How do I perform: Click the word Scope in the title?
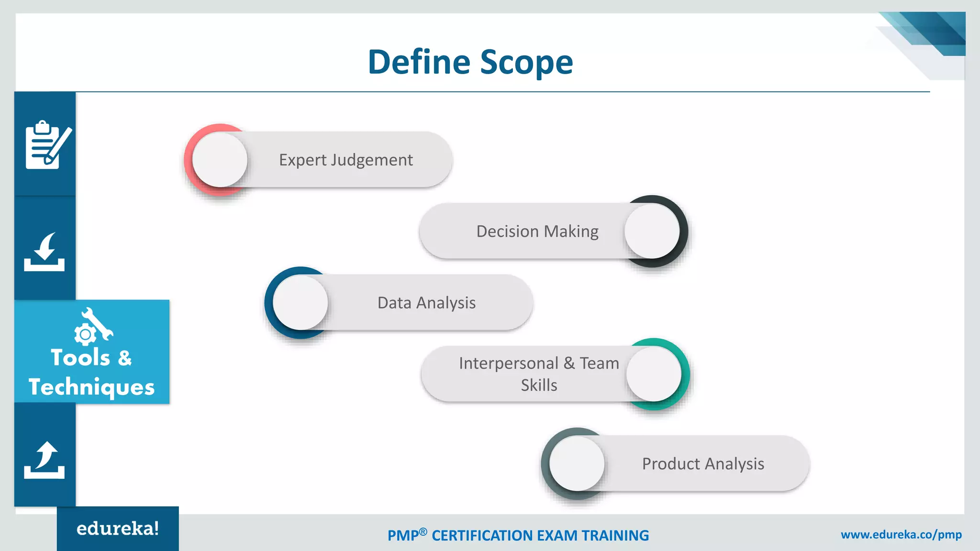[526, 63]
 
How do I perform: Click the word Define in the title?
[419, 62]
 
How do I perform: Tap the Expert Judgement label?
[345, 160]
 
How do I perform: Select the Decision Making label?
[537, 231]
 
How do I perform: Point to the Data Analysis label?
[426, 303]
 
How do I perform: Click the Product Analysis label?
[702, 463]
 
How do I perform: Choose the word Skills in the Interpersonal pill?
[539, 385]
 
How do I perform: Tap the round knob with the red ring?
[220, 160]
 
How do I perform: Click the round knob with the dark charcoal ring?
[652, 231]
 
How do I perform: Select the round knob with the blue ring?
[300, 303]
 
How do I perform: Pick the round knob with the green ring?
[653, 374]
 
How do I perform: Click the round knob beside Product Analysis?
[577, 463]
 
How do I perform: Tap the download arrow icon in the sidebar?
[45, 252]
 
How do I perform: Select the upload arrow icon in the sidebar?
[45, 460]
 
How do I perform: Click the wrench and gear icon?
[93, 326]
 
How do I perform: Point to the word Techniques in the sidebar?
[91, 386]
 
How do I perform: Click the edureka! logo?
[118, 529]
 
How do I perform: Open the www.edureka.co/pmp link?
[901, 534]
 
